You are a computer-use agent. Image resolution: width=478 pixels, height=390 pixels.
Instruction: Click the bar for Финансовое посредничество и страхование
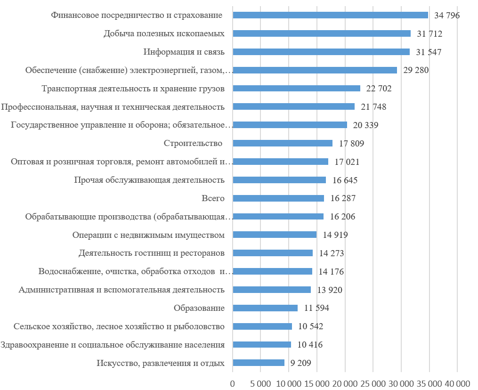coord(330,15)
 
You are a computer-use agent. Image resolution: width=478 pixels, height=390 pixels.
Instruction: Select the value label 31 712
coord(429,33)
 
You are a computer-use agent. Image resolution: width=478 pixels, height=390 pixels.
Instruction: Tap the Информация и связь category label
coord(184,52)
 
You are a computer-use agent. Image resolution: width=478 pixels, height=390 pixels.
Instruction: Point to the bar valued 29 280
coord(315,70)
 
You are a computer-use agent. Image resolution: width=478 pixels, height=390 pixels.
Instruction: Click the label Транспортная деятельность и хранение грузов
coord(133,89)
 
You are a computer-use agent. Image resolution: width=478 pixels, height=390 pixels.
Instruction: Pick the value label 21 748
coord(373,107)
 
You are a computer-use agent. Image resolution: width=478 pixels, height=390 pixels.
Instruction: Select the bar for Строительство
coord(283,143)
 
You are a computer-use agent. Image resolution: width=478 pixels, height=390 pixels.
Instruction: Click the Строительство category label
coord(193,143)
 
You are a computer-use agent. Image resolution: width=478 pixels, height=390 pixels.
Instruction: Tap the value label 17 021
coord(347,162)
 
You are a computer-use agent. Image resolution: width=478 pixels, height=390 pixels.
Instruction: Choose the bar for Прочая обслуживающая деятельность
coord(279,180)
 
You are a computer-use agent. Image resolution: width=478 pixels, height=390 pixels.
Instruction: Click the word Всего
coord(212,198)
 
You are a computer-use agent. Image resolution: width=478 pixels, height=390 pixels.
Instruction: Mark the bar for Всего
coord(278,198)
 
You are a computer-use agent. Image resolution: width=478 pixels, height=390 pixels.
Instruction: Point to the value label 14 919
coord(335,235)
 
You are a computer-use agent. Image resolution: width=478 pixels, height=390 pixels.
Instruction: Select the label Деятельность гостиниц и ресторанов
coord(151,253)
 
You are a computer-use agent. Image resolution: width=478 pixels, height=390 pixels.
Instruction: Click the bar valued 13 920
coord(272,290)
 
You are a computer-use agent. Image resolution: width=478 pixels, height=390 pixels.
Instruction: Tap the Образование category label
coord(199,308)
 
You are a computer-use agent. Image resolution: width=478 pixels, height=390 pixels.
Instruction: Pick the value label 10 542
coord(310,326)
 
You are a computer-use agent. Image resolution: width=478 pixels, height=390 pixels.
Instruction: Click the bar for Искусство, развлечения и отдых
coord(259,363)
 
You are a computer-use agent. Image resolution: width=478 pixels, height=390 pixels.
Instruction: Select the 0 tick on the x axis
coord(233,383)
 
